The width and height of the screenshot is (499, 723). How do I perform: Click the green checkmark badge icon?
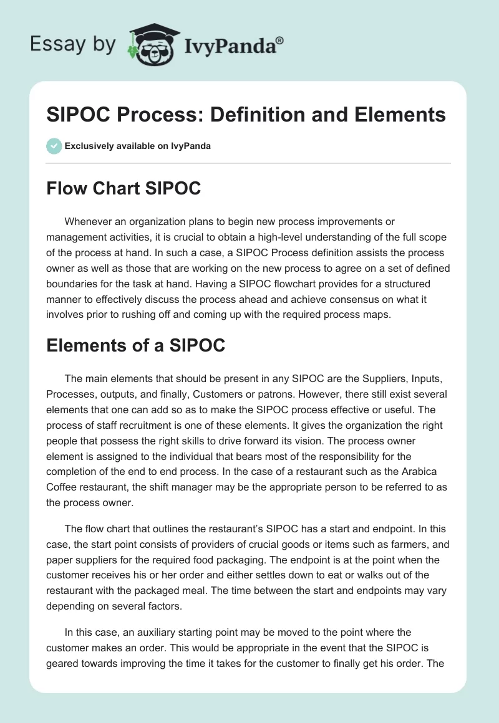pos(54,146)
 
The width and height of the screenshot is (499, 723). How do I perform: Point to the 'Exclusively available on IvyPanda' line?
pos(138,146)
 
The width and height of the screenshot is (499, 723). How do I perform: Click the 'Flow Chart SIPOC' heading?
pos(124,188)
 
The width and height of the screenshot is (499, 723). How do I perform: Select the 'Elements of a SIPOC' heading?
pos(135,345)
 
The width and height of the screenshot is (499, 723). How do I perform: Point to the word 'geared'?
pos(61,664)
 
